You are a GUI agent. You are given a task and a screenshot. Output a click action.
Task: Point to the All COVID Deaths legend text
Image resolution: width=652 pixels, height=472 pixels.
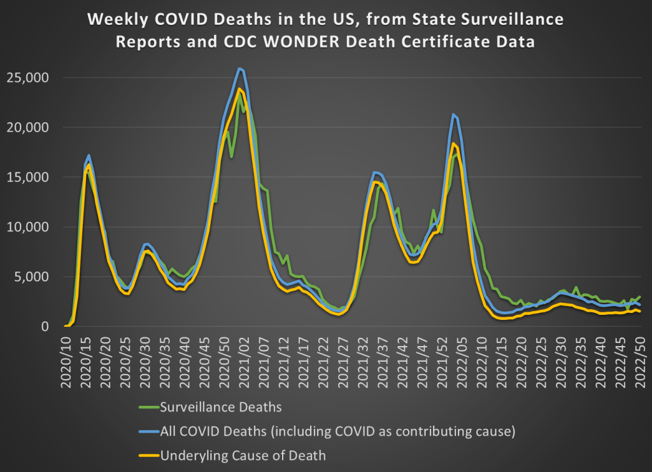coord(337,431)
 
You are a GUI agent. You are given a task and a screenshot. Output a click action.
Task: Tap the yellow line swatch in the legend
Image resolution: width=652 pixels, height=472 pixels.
coord(148,455)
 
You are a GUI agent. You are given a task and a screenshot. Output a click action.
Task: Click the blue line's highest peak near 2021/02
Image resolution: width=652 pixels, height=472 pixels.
coord(239,69)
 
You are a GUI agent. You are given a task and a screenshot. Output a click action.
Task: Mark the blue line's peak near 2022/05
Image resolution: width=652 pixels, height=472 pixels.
coord(453,115)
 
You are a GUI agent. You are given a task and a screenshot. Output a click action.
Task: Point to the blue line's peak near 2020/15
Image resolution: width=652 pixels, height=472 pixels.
coord(89,155)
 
